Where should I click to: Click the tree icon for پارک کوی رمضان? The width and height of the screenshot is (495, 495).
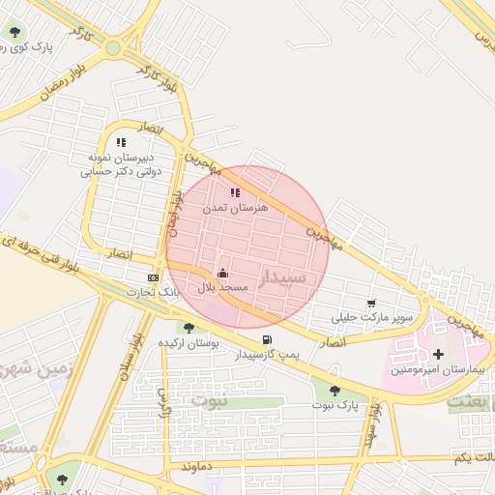click(x=15, y=31)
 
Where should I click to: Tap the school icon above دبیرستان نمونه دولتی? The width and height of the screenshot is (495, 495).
click(x=121, y=142)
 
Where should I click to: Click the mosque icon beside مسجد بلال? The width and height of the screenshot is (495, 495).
click(x=222, y=273)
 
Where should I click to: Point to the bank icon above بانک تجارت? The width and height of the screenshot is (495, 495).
click(x=153, y=277)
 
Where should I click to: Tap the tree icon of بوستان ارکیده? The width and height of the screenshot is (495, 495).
click(x=189, y=328)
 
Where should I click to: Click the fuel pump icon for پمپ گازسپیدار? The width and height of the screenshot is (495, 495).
click(x=267, y=339)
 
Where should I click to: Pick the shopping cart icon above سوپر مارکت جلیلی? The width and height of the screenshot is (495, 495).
click(x=371, y=303)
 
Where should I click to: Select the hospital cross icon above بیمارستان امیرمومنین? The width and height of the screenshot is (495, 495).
click(x=441, y=354)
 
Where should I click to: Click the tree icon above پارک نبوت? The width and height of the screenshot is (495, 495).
click(x=335, y=390)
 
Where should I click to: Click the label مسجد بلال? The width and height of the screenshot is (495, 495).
click(x=224, y=288)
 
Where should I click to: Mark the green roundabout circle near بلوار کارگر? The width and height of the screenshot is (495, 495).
click(x=114, y=46)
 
